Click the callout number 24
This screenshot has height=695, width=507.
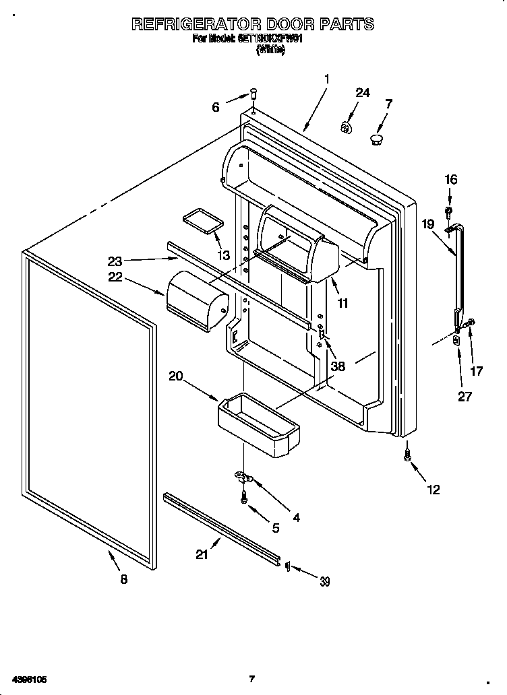coord(363,93)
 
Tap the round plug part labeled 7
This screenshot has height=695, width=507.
coord(376,139)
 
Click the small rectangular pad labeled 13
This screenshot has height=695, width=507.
coord(201,222)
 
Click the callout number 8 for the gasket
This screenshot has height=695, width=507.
coord(123,579)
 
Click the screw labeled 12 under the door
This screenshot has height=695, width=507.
coord(407,456)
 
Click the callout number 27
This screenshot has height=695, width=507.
coord(465,397)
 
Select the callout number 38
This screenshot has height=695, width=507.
coord(338,367)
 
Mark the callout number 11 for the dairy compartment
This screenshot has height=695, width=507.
coord(342,304)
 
